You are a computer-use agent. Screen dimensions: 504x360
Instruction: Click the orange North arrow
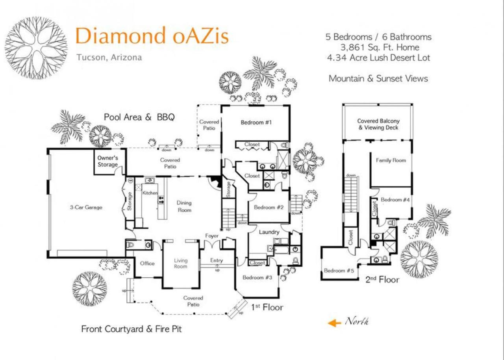click(334, 323)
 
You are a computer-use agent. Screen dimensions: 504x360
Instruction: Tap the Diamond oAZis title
click(152, 35)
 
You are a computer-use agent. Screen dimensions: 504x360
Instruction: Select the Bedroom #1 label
click(256, 122)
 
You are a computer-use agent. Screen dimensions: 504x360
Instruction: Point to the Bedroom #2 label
click(269, 207)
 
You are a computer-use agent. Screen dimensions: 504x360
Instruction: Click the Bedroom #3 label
click(258, 277)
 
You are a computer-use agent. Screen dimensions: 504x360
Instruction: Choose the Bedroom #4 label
click(395, 200)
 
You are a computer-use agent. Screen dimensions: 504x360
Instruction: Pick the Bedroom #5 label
click(339, 271)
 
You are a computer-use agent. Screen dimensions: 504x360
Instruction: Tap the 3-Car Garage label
click(86, 207)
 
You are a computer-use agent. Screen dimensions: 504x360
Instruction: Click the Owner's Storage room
click(108, 161)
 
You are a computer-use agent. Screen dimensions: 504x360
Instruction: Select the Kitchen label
click(150, 193)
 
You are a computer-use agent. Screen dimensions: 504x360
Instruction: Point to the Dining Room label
click(184, 206)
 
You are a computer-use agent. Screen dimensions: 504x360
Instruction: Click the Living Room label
click(181, 264)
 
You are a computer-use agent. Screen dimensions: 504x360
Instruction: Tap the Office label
click(147, 263)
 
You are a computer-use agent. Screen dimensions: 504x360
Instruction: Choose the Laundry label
click(269, 232)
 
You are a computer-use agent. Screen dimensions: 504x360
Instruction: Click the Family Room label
click(391, 160)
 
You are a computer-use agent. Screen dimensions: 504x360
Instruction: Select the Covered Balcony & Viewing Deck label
click(378, 124)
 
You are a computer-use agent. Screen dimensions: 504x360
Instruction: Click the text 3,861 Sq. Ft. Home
click(380, 48)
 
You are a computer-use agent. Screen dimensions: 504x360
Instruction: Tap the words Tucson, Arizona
click(109, 58)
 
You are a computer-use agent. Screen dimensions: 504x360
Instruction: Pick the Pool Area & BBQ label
click(139, 117)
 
